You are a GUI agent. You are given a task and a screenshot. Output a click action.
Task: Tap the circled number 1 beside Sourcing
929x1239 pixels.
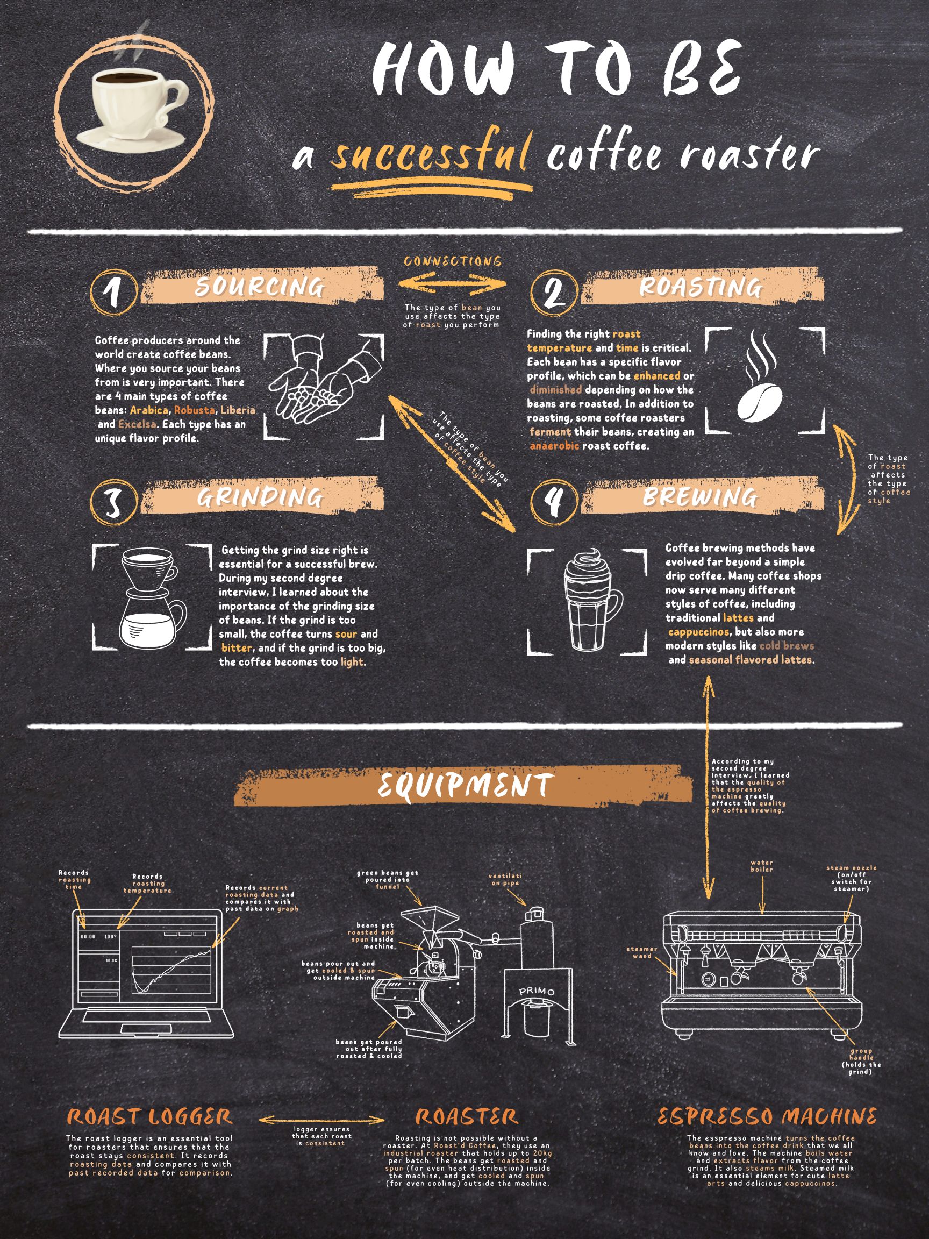click(x=113, y=292)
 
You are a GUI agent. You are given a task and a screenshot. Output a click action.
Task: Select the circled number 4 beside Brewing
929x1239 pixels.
click(x=554, y=501)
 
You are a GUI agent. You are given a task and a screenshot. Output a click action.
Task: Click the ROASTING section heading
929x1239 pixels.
click(x=701, y=287)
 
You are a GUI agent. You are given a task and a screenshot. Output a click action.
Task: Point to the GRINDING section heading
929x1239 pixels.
click(x=260, y=497)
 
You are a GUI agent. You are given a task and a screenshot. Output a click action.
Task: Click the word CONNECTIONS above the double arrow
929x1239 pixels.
click(x=453, y=261)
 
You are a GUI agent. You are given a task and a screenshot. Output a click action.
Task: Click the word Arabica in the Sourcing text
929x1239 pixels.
click(x=148, y=410)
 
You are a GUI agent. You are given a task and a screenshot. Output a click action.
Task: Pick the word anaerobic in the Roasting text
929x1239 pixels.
click(x=554, y=446)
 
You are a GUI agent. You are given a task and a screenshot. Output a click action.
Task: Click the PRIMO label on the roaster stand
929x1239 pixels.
click(x=537, y=992)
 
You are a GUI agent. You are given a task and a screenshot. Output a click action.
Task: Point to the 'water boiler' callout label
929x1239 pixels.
click(x=761, y=866)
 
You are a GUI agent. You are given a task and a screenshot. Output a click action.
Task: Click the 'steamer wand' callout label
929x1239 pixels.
click(x=642, y=952)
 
